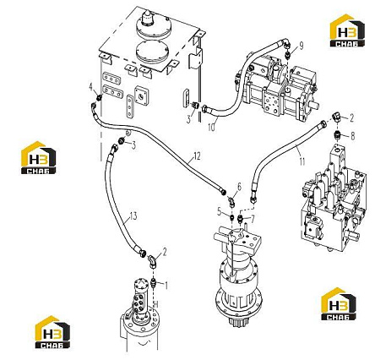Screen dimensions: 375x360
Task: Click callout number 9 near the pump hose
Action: [302, 46]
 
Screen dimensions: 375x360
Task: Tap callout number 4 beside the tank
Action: [91, 87]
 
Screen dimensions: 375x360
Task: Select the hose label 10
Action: [212, 127]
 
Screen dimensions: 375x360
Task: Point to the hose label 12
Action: [198, 156]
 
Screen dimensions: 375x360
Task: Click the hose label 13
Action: [133, 216]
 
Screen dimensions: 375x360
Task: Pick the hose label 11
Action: [302, 161]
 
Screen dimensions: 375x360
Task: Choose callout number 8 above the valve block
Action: [352, 136]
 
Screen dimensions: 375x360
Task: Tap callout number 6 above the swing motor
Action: [239, 187]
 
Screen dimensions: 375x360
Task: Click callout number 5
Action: [220, 211]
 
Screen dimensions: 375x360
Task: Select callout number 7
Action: [253, 220]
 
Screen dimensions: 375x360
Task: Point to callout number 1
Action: [166, 286]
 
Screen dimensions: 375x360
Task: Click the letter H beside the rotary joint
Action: [155, 304]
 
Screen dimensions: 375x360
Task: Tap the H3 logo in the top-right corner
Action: [347, 30]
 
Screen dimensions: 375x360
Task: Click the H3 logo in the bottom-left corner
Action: [52, 332]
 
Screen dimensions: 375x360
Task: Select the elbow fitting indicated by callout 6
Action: [231, 202]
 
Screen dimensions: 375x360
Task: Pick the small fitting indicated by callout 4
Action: [99, 98]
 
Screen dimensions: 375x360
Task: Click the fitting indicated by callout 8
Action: [338, 136]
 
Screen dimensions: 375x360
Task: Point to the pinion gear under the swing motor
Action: [238, 319]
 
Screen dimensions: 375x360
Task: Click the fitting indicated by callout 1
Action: [154, 282]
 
